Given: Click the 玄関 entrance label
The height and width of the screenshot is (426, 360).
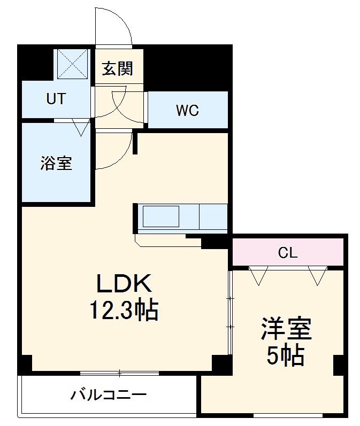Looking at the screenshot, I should [x=118, y=68].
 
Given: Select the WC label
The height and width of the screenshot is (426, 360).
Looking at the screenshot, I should [x=187, y=111].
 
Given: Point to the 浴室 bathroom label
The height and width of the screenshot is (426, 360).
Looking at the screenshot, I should [x=56, y=163].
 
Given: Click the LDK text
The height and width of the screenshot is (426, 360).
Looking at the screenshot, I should [x=125, y=284].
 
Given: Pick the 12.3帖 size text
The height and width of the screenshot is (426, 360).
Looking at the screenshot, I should [x=125, y=309].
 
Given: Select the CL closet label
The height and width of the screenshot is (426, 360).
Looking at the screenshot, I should [x=287, y=253].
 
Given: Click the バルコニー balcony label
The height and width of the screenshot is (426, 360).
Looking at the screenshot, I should [x=109, y=396].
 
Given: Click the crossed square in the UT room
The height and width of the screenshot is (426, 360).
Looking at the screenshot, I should [x=72, y=64].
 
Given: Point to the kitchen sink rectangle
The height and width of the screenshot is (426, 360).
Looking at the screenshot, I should [x=160, y=217].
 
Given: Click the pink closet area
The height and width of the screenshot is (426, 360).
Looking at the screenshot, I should [x=321, y=252].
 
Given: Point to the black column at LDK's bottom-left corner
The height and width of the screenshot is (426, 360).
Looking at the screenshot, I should [x=25, y=364].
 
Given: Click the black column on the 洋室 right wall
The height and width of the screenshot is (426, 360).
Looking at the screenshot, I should [x=338, y=365].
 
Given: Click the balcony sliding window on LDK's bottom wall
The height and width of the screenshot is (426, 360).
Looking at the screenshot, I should [x=120, y=373].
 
